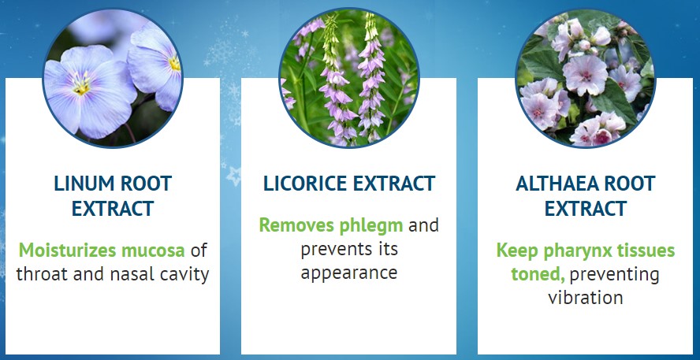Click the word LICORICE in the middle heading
point(302,184)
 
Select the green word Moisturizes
point(68,251)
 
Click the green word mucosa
point(153,251)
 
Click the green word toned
point(538,274)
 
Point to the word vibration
point(586,297)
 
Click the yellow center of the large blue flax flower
point(82,86)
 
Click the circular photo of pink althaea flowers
point(585,78)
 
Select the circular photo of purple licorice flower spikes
point(349,78)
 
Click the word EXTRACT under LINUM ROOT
point(113,209)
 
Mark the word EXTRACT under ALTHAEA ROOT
point(585,209)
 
